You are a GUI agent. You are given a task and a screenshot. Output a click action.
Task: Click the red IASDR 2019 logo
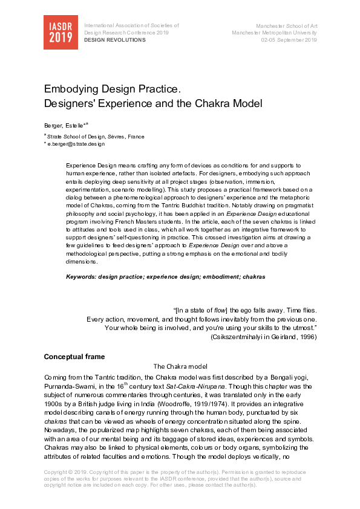pos(61,31)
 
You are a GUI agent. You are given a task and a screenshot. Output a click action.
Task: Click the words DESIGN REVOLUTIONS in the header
pos(115,40)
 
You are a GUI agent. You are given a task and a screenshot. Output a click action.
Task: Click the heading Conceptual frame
pos(74,357)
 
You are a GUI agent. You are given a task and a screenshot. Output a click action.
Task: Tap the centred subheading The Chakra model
pos(181,366)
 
